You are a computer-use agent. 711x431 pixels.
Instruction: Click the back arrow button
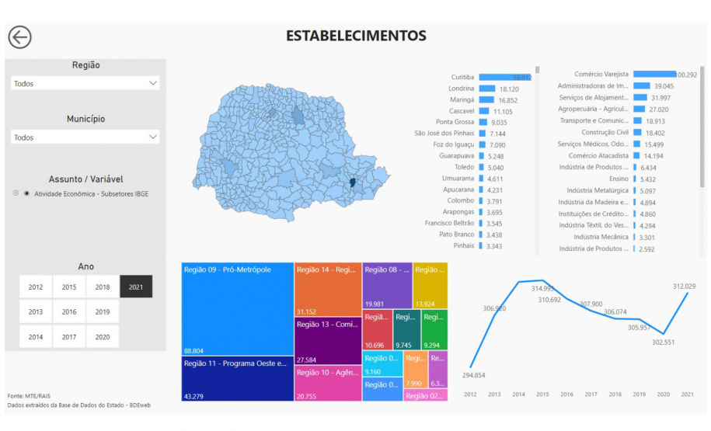coord(19,37)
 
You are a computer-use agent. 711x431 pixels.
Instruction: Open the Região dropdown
coord(85,83)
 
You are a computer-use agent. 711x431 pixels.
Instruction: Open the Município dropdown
coord(85,137)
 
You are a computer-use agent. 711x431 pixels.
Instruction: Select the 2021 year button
coord(136,287)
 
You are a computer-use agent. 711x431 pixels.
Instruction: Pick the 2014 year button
coord(36,336)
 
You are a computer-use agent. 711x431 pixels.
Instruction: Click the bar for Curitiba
coord(504,78)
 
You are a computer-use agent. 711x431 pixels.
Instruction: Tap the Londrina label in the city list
coord(461,89)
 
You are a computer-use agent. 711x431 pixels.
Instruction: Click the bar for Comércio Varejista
coord(654,75)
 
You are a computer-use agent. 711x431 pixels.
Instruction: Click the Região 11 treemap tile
coord(237,379)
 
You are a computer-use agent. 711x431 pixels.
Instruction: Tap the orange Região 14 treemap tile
coord(327,290)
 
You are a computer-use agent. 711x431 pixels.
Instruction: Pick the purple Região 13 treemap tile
coord(327,342)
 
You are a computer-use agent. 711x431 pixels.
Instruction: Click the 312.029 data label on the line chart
coord(684,286)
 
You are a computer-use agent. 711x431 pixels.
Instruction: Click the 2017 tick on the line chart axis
coord(591,395)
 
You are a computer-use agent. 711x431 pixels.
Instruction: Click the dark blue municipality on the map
coord(354,182)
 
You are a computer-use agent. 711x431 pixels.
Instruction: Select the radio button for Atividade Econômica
coord(27,193)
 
